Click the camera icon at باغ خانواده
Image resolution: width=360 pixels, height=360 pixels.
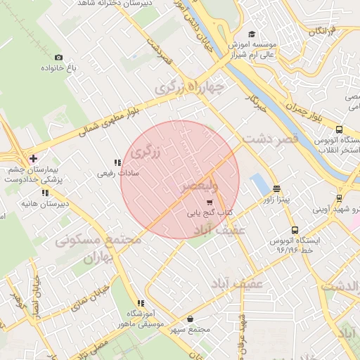(x=58, y=57)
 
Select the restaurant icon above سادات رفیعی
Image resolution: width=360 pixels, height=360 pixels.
(x=117, y=162)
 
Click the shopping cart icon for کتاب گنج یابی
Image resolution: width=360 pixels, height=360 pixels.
(x=209, y=202)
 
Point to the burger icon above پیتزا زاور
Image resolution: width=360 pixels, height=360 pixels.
(x=276, y=188)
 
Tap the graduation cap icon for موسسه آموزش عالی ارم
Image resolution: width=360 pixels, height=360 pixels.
(x=252, y=34)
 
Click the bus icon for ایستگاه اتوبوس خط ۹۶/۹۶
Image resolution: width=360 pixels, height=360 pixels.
(x=294, y=230)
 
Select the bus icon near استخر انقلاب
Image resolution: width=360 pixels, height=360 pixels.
(x=340, y=129)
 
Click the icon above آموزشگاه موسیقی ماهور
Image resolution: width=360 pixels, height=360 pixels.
(x=140, y=303)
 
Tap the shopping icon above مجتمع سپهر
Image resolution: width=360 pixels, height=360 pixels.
(x=191, y=319)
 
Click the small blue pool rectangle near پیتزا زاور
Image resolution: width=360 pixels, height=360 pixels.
(x=260, y=185)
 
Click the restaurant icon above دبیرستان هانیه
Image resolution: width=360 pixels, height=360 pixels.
(x=45, y=193)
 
